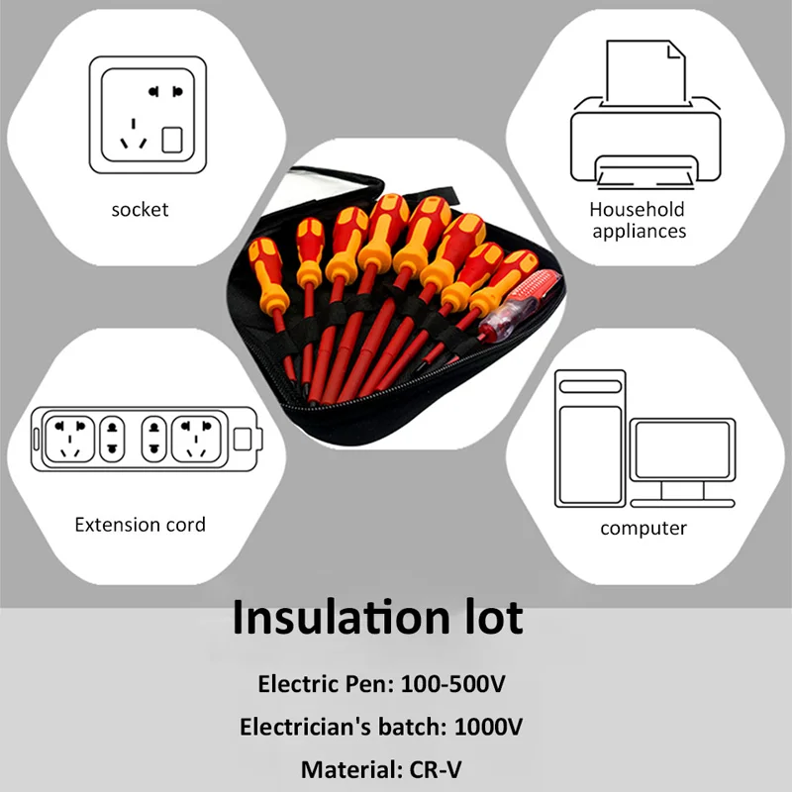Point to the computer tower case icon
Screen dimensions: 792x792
coord(590,436)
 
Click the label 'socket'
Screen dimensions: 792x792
coord(140,210)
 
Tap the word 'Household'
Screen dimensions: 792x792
coord(637,210)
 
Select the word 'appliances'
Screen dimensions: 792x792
coord(637,232)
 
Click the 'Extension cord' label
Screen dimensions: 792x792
coord(141,525)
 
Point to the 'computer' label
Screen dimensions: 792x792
coord(643,529)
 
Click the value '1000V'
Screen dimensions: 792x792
coord(488,728)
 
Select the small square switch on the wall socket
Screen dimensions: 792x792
coord(172,140)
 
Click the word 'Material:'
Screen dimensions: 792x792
coord(348,769)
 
